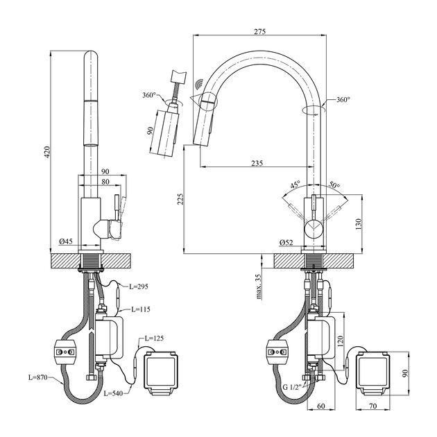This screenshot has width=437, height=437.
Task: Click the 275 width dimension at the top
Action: (x=260, y=32)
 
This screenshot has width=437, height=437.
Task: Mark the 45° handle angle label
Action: (x=295, y=185)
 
